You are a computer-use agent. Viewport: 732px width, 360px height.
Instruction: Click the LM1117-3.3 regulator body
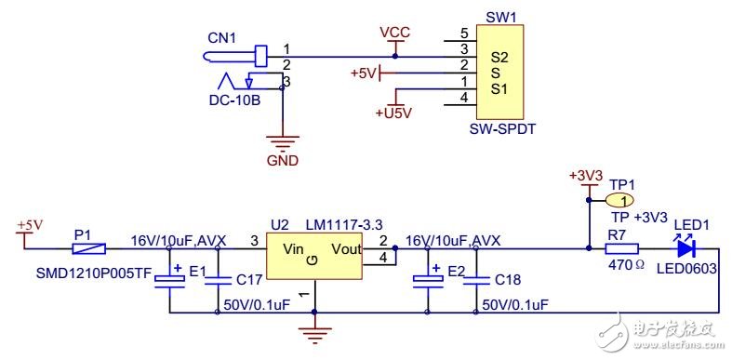click(313, 258)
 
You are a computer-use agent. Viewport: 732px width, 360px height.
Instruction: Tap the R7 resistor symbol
click(622, 249)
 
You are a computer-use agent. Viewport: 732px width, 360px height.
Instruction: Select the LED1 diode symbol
click(686, 248)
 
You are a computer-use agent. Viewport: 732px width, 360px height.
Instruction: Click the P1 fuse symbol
click(90, 249)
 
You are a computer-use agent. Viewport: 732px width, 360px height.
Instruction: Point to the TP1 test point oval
click(620, 199)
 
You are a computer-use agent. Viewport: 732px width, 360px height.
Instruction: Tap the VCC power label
click(395, 32)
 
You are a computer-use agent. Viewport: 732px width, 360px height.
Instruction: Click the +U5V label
click(393, 113)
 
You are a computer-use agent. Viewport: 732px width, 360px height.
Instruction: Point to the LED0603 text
click(685, 271)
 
